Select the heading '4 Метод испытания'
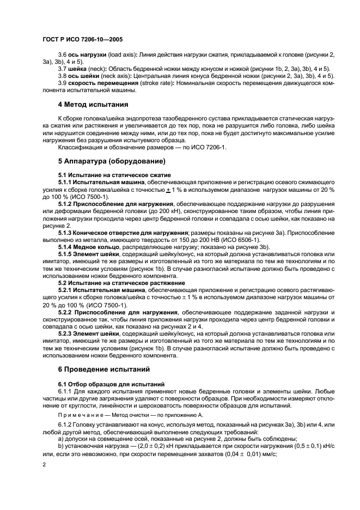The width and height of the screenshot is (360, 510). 93,104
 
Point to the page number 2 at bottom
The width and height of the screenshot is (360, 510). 44,464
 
